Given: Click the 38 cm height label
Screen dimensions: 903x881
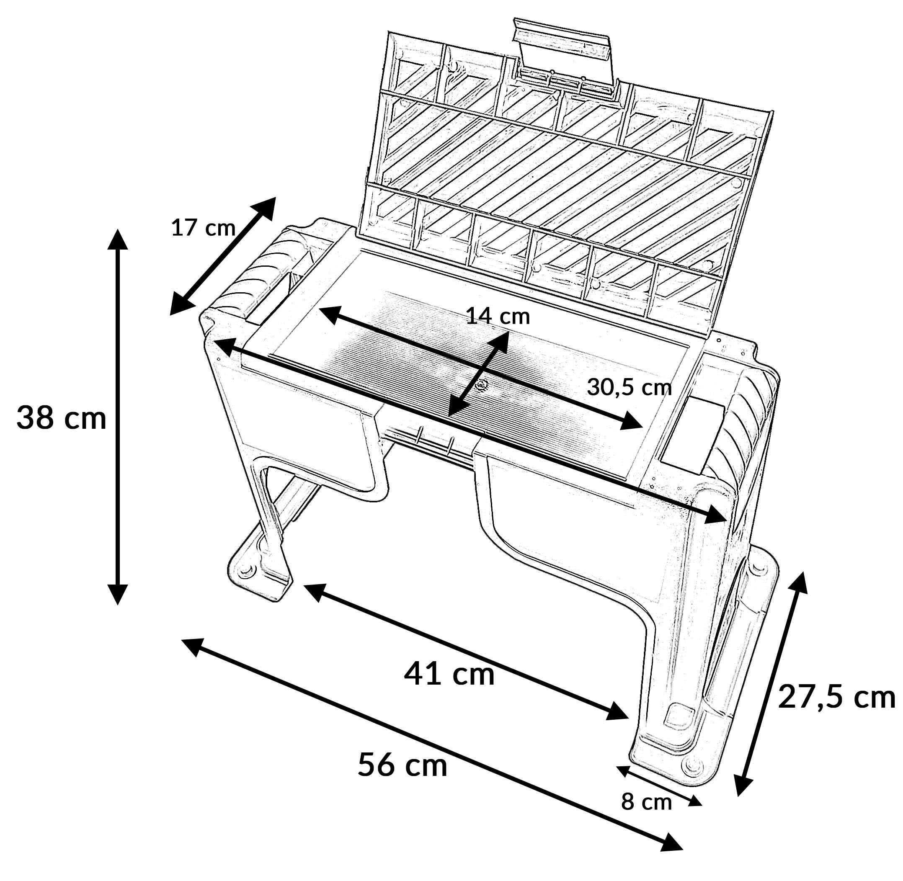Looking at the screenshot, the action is click(x=61, y=418).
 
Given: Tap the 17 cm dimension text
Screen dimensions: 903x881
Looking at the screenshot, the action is click(x=203, y=228).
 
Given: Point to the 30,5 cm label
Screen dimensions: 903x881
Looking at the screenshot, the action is click(x=629, y=387).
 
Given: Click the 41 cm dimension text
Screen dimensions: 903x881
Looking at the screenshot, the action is click(x=449, y=674).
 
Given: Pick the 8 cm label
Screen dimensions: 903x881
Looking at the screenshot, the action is click(x=646, y=802).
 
